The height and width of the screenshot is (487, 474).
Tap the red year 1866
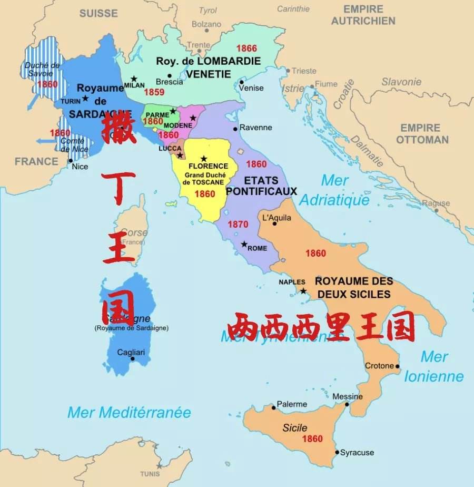click(x=246, y=48)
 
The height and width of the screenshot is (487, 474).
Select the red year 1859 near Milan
click(x=154, y=92)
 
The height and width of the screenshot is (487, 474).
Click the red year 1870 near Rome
click(x=238, y=225)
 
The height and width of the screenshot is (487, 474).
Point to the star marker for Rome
click(x=244, y=244)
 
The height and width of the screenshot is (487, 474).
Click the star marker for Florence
click(x=204, y=159)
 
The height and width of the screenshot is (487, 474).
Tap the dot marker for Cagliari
click(x=132, y=359)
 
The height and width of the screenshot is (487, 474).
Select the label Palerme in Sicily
click(x=292, y=404)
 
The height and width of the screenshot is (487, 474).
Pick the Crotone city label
click(x=380, y=366)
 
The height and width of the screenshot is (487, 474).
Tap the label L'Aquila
click(x=276, y=218)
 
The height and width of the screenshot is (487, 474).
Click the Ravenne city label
click(x=255, y=128)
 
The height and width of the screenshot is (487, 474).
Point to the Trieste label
click(x=304, y=71)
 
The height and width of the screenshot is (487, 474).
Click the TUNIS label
click(x=150, y=474)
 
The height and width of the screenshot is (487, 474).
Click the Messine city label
click(x=348, y=396)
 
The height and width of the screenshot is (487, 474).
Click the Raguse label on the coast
click(x=436, y=203)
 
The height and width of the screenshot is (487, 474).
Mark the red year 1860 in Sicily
click(x=312, y=439)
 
